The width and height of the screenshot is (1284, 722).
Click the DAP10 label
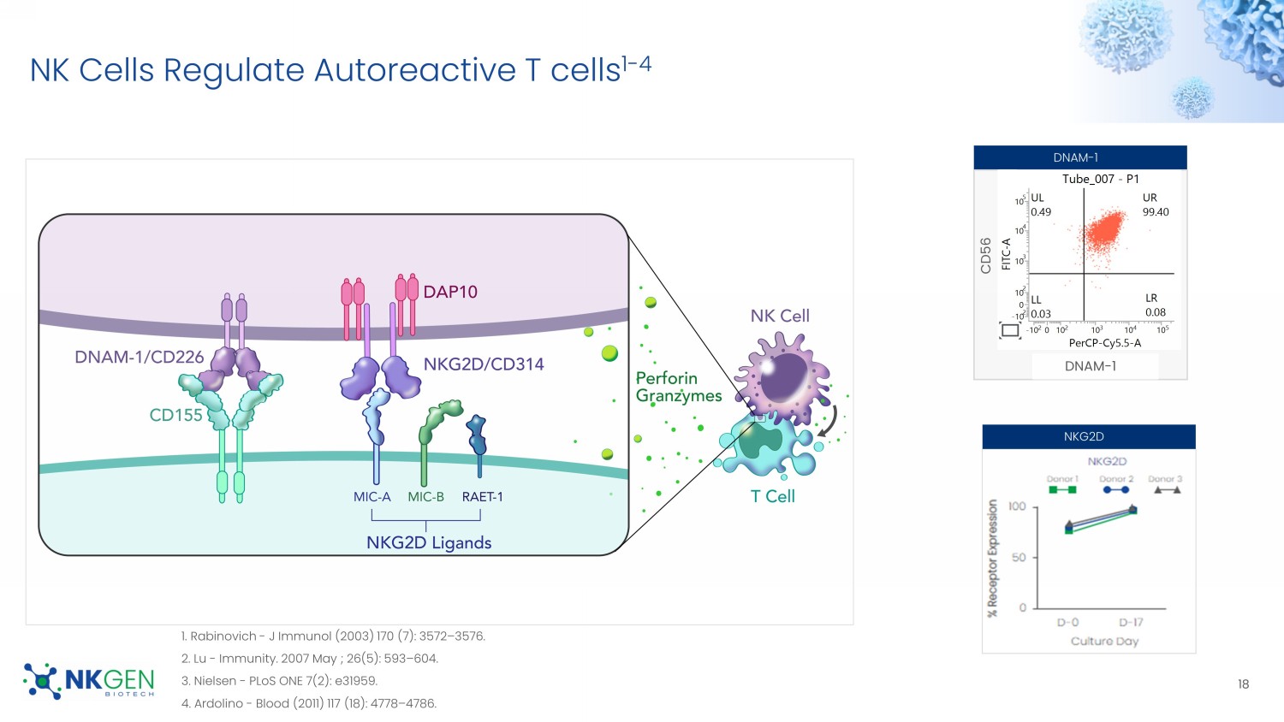[x=450, y=292]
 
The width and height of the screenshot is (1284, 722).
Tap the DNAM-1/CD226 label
[x=139, y=357]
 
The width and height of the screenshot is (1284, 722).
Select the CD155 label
[x=175, y=415]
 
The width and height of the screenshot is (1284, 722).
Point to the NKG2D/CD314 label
[x=484, y=364]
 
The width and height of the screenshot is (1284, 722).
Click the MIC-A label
[x=372, y=497]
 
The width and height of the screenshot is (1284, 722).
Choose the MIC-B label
[x=425, y=497]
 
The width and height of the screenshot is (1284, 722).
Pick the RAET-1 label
[x=483, y=497]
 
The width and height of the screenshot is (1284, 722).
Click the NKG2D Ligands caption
[x=429, y=543]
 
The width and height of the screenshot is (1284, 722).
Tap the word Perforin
[x=666, y=378]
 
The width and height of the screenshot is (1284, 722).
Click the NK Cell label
[x=780, y=316]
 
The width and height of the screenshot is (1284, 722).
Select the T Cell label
[x=772, y=496]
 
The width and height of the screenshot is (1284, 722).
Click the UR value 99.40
[x=1156, y=212]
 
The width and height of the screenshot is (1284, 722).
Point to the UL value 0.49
[x=1041, y=212]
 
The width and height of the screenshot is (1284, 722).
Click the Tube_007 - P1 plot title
[x=1100, y=179]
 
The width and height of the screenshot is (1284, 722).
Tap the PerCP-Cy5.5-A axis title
[x=1104, y=343]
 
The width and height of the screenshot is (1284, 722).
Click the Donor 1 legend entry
[x=1061, y=484]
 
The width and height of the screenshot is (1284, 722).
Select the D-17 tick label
[x=1131, y=622]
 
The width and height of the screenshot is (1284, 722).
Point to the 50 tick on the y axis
[x=1019, y=557]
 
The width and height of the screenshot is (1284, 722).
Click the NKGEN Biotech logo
[x=90, y=681]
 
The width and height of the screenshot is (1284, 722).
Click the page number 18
[x=1243, y=684]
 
